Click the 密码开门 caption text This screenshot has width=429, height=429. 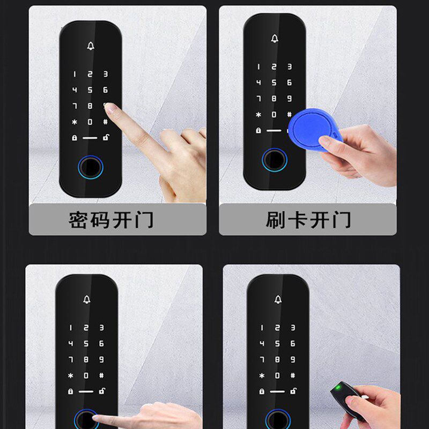coord(111,220)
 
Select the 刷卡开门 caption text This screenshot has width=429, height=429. coord(308,220)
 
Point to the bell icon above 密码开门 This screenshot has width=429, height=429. coord(90,45)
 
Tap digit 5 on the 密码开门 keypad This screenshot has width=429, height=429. coord(90,90)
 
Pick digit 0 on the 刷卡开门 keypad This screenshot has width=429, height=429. coord(274,114)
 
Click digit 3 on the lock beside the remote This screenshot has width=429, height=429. coord(293,327)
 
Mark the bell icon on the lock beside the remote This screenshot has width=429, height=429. coord(277,299)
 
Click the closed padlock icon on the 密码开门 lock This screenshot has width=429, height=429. coord(74,138)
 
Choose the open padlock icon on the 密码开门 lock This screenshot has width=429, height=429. coord(106,138)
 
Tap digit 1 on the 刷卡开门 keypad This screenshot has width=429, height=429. coord(258,67)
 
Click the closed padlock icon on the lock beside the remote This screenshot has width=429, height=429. coord(261,391)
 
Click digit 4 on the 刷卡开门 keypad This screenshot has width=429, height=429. coord(258,83)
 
